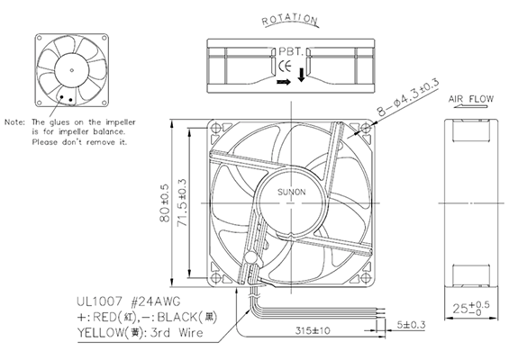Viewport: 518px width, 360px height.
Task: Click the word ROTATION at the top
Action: [289, 20]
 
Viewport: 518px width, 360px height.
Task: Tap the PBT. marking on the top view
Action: [291, 51]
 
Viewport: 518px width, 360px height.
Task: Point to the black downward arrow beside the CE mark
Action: [301, 75]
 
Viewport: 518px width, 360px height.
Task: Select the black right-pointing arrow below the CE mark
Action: [284, 82]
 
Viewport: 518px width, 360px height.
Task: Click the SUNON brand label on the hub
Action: [291, 192]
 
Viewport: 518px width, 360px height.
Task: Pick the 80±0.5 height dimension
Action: [165, 202]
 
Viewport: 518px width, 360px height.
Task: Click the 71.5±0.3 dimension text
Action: [182, 202]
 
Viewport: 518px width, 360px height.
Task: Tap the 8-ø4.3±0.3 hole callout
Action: [408, 97]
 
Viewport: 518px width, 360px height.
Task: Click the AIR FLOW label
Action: [471, 99]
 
